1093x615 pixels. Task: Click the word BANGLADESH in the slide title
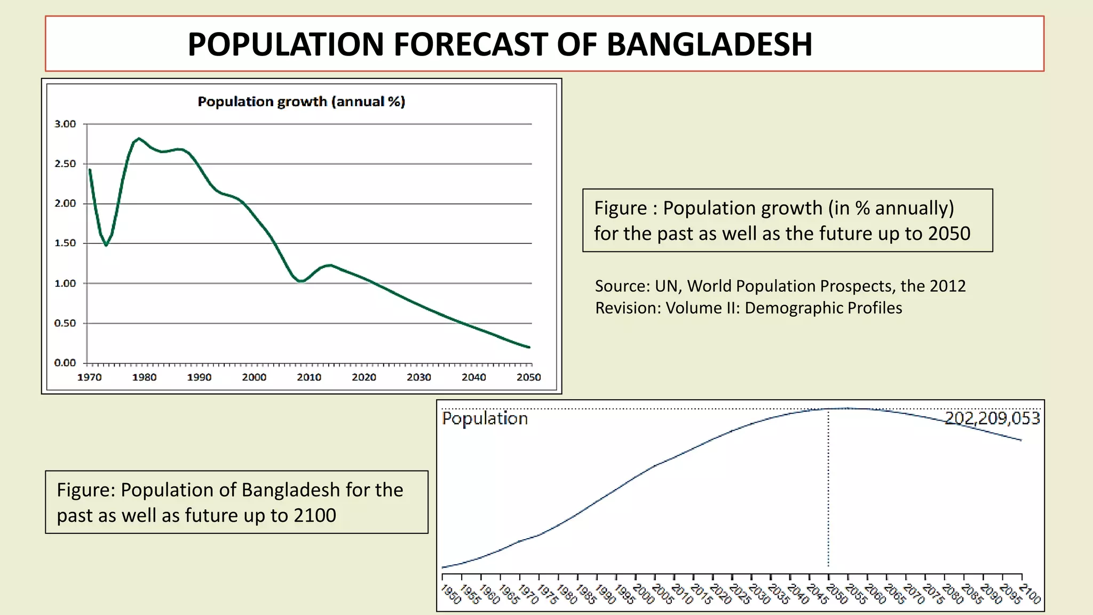(x=709, y=44)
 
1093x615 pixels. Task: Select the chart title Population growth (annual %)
(x=302, y=101)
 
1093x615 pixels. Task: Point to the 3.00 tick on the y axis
(x=65, y=124)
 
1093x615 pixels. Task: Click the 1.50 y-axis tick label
(x=65, y=243)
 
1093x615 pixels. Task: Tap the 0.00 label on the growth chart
(x=65, y=363)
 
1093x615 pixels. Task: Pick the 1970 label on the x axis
(x=89, y=377)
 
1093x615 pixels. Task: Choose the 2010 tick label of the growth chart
(x=309, y=377)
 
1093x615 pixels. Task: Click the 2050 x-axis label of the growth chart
(x=528, y=377)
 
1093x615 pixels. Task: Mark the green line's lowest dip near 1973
(x=106, y=245)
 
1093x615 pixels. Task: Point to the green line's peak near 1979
(x=139, y=138)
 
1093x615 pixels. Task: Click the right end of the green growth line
(x=529, y=347)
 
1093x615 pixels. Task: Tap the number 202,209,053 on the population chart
(x=992, y=418)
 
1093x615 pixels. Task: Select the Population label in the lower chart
(x=485, y=418)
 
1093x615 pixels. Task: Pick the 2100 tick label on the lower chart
(x=1031, y=594)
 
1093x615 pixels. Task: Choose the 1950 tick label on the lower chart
(x=451, y=594)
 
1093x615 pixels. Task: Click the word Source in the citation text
(x=622, y=286)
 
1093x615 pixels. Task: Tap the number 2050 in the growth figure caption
(x=949, y=234)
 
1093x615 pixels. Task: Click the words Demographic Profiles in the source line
(x=823, y=308)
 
